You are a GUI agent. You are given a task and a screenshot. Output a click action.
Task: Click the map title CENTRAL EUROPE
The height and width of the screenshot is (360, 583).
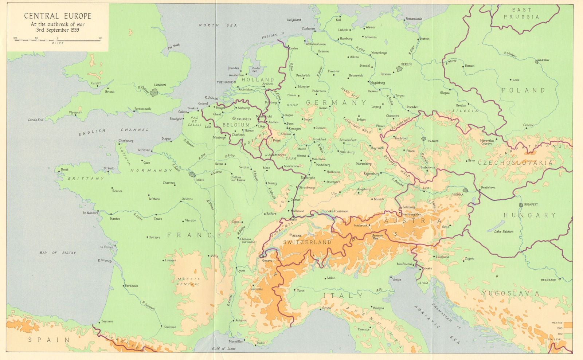pos(58,16)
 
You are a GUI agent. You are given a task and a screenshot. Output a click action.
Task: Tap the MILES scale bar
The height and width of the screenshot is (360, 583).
pos(58,40)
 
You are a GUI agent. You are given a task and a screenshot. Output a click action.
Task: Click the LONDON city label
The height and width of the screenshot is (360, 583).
pos(160,85)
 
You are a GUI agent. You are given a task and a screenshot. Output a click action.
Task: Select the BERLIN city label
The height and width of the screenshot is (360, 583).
pos(406,64)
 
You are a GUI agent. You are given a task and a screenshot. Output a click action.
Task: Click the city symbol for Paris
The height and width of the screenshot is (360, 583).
pos(192,175)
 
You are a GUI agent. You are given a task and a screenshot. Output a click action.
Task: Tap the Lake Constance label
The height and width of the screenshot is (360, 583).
pos(337,211)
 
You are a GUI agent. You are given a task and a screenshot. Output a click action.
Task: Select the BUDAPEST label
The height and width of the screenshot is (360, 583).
pos(531,204)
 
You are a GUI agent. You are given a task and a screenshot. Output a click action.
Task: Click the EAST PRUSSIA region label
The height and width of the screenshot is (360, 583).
pos(521,13)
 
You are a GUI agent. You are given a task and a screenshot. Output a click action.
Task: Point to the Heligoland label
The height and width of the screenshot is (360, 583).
pos(294,20)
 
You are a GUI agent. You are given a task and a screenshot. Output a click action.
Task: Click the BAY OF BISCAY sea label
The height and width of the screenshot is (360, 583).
pos(58,253)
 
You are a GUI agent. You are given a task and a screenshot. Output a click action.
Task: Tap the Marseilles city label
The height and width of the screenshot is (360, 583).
pos(235,341)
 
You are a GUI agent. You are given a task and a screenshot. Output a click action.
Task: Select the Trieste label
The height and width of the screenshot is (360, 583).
pos(427,269)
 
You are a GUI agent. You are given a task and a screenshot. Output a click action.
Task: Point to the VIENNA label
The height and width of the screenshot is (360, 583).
pos(457,195)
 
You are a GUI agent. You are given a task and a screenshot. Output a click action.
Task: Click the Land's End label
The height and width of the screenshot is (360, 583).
pos(35,120)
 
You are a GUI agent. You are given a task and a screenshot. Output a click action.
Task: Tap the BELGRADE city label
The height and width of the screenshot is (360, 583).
pos(548,280)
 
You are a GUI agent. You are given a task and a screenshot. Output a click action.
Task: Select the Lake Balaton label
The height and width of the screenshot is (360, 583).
pos(504,232)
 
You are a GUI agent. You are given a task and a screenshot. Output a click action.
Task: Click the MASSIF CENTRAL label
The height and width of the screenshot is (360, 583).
pos(188,282)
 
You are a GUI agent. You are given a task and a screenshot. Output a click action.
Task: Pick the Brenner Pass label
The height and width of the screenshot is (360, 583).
pos(377,236)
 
